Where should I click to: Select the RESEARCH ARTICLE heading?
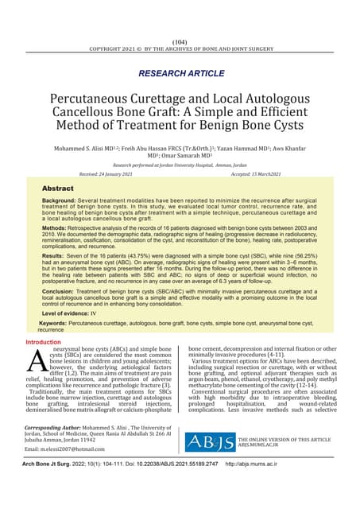(180, 72)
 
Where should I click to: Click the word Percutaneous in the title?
(98, 99)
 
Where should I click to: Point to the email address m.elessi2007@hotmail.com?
(75, 450)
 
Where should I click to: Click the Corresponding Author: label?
(65, 427)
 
